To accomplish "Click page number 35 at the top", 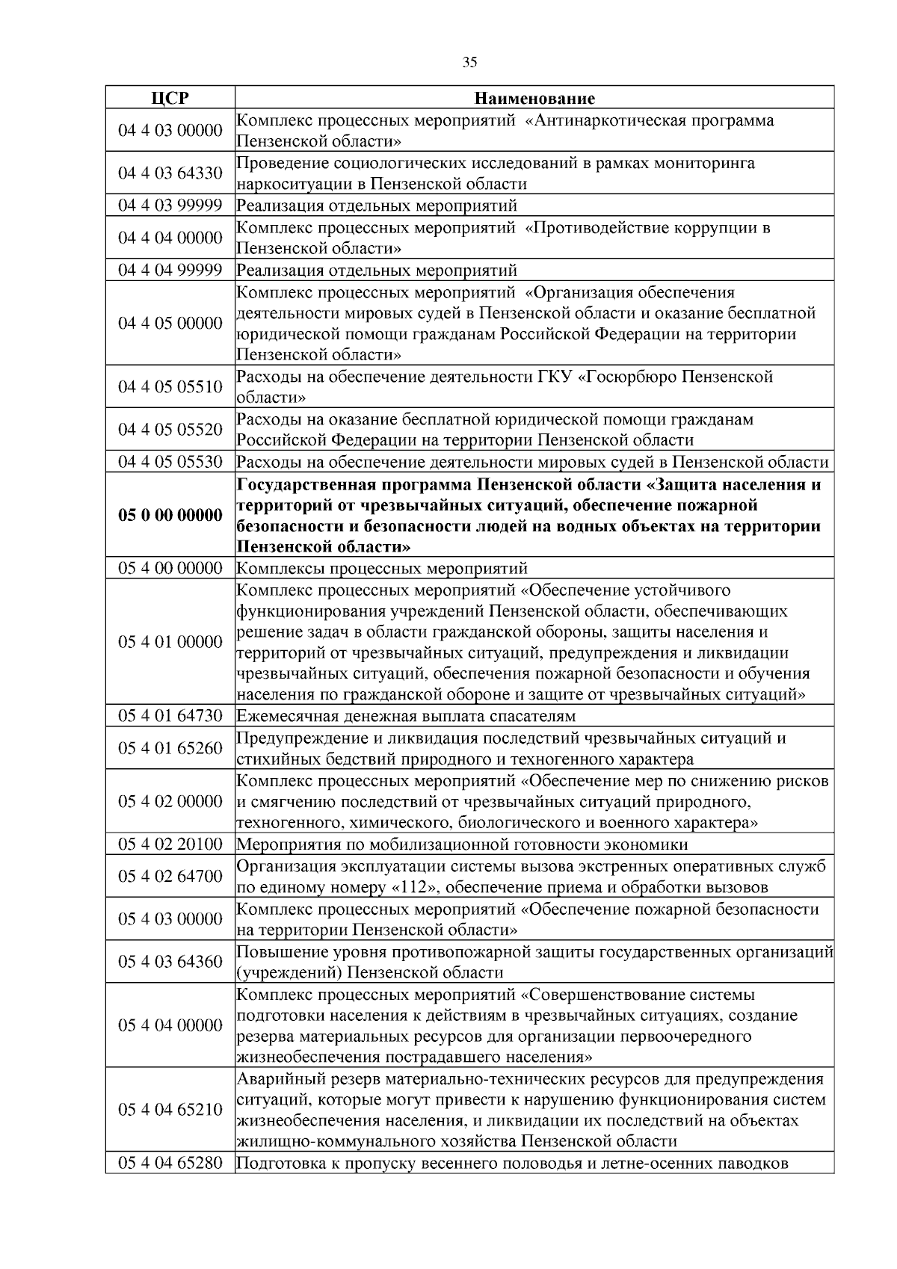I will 469,63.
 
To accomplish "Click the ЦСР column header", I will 170,98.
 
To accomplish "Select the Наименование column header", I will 534,98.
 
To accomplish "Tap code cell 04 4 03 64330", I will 170,173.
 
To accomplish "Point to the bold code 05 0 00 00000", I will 170,516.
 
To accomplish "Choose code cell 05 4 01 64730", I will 170,716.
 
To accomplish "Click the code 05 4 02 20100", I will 170,845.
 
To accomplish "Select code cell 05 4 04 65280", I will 170,1164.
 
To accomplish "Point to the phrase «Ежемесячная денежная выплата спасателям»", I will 406,716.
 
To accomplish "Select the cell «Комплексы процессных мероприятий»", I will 382,568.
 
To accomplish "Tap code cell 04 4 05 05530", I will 170,462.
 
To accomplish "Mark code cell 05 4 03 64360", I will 170,962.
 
